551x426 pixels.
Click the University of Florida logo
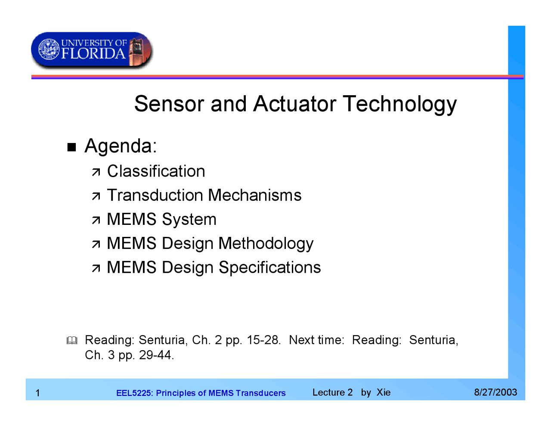(92, 50)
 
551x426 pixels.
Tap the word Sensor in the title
(169, 104)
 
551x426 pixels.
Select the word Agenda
(121, 146)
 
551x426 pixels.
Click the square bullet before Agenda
(71, 147)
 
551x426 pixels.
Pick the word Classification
(156, 171)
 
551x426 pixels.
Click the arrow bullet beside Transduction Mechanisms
(96, 196)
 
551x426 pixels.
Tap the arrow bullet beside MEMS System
(96, 221)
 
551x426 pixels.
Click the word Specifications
(269, 267)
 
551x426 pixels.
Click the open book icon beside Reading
(72, 341)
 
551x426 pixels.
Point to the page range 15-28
(263, 340)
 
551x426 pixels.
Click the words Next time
(316, 340)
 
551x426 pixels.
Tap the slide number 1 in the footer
(38, 393)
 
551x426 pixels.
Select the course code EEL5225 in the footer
(134, 393)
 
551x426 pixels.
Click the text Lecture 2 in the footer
(332, 392)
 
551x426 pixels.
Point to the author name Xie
(384, 392)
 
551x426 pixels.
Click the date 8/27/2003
(495, 392)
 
